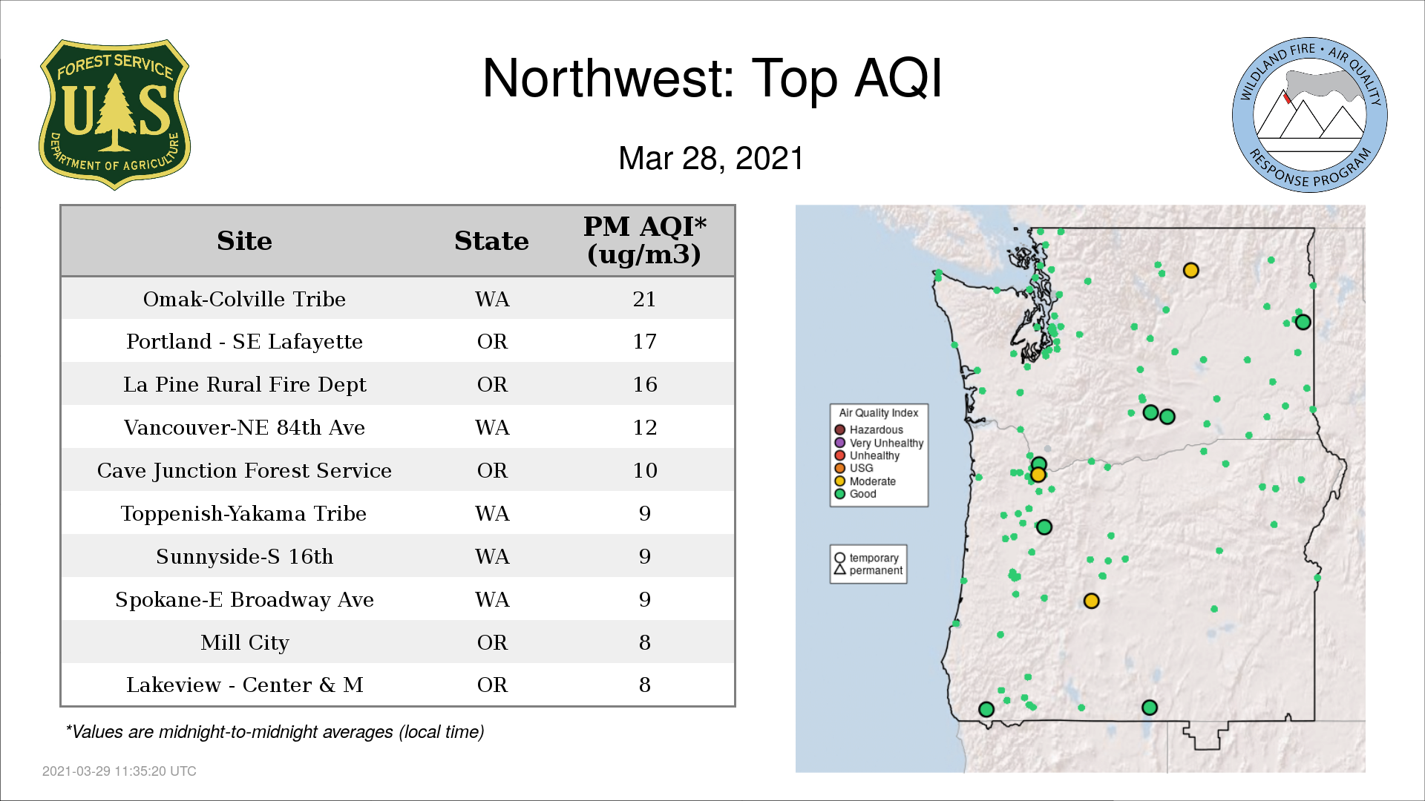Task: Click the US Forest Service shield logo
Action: tap(114, 115)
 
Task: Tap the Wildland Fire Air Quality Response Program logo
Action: tap(1310, 115)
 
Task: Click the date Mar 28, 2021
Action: tap(711, 159)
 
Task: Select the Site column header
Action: tap(244, 241)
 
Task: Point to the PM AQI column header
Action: tap(644, 240)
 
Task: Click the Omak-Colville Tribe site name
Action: tap(244, 299)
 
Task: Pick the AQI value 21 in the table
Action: tap(644, 299)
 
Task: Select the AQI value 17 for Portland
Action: tap(644, 341)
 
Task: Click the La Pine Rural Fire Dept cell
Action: tap(244, 384)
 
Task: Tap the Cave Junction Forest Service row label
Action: tap(244, 470)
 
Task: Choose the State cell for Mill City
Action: tap(492, 642)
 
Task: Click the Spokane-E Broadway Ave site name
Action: tap(244, 599)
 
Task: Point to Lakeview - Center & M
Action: tap(244, 685)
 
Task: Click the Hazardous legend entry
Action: tap(868, 429)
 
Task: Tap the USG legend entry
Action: tap(854, 468)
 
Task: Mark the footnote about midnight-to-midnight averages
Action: tap(275, 732)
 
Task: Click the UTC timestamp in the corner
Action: tap(119, 771)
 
